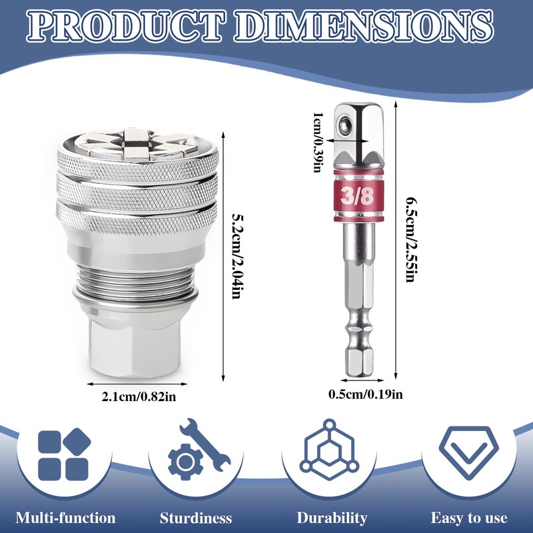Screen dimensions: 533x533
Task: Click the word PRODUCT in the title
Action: [126, 27]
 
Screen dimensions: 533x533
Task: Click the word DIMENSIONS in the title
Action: [364, 27]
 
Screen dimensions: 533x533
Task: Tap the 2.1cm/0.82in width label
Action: [139, 396]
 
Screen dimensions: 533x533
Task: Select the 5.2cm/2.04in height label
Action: [237, 256]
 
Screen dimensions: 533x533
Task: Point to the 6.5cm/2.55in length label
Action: [411, 240]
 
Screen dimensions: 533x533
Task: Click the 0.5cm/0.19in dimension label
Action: [365, 394]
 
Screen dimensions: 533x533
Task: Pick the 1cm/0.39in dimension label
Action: [318, 142]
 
